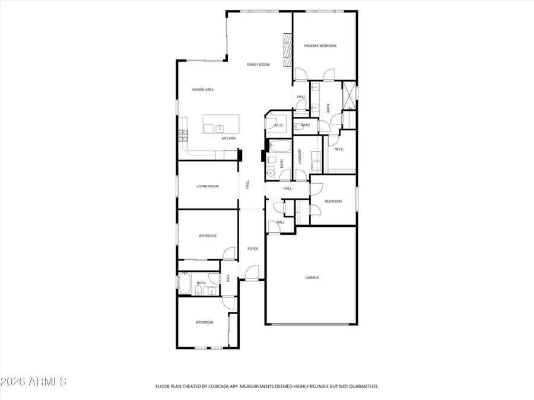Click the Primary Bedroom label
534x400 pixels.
320,46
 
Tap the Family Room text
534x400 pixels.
258,64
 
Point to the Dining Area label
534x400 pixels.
203,89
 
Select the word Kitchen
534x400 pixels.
229,138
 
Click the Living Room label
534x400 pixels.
208,186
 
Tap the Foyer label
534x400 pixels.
252,248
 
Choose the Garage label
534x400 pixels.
312,277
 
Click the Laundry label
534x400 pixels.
301,156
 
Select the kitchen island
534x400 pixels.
220,125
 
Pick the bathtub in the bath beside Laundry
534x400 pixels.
278,146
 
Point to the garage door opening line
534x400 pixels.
311,324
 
